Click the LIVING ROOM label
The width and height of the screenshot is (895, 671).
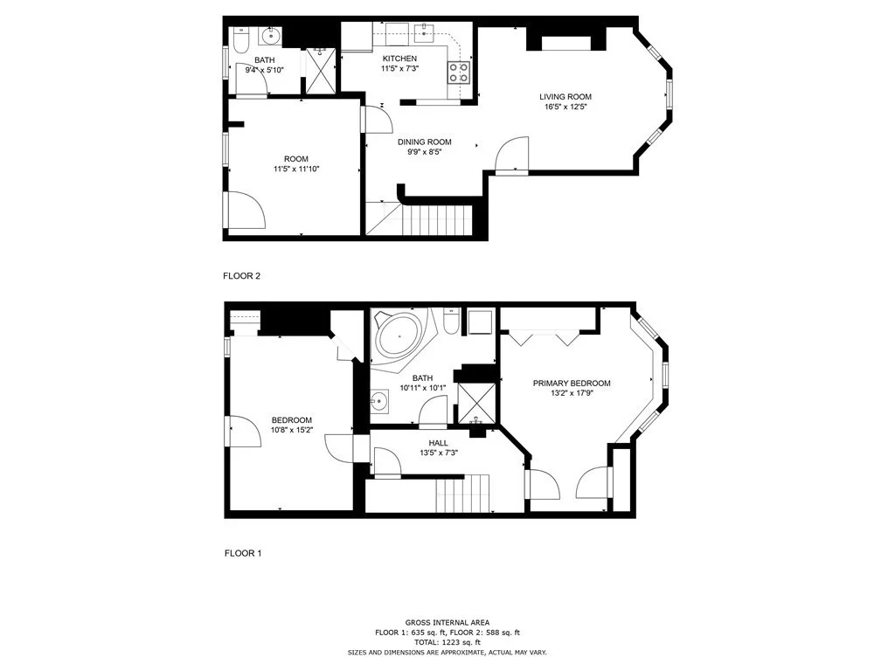point(565,97)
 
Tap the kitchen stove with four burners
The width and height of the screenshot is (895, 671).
point(459,73)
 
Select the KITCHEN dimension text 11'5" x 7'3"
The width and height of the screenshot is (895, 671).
point(399,68)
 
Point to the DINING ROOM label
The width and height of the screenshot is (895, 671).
point(425,142)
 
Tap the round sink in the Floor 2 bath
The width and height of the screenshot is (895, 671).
point(270,37)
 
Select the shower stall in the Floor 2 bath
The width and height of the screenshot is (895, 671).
point(320,71)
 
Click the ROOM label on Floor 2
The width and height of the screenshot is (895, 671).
point(296,159)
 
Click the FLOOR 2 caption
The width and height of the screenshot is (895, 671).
point(241,276)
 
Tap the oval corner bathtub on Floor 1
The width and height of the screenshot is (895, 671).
point(399,336)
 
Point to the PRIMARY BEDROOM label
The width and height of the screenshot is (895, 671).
point(572,384)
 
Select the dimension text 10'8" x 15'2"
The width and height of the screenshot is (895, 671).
point(292,430)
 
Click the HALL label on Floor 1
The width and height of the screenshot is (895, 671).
point(439,443)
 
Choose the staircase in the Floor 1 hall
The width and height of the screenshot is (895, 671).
point(463,494)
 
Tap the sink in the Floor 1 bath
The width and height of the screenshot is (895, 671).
point(378,402)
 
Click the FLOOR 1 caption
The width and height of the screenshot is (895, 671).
point(243,553)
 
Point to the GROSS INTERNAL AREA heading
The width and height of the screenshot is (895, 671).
point(447,622)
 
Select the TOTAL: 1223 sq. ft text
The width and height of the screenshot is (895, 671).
point(447,642)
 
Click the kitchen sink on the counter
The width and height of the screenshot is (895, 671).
point(424,31)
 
